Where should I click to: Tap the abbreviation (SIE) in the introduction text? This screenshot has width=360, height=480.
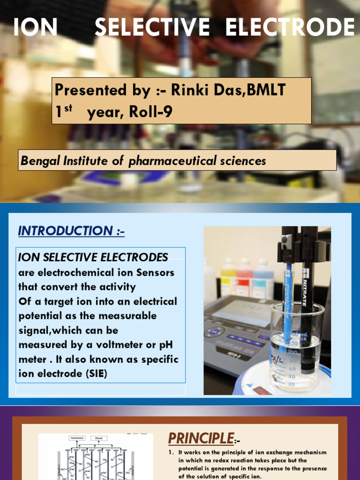[x=93, y=374]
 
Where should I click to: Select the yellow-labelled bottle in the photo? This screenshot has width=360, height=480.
[x=228, y=277]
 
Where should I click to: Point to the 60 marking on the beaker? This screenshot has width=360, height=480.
[x=291, y=368]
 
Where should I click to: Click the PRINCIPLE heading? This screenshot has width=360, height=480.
[x=201, y=438]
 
